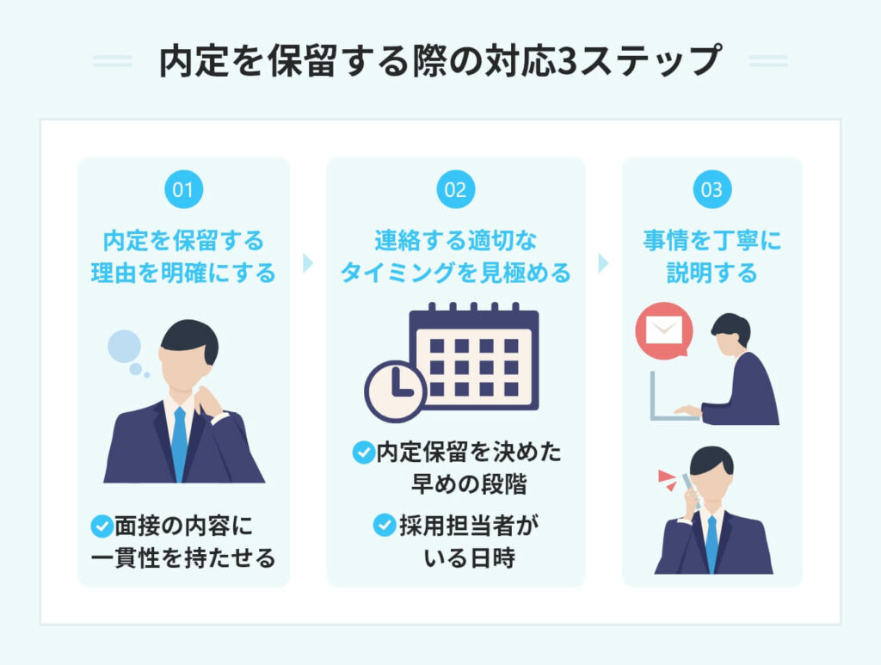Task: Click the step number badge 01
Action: click(183, 190)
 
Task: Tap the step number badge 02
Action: click(455, 190)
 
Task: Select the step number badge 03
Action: click(712, 190)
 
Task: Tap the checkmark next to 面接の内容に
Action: click(102, 524)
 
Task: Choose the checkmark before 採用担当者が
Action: click(384, 524)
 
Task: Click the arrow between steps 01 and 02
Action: click(308, 263)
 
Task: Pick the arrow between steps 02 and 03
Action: click(603, 263)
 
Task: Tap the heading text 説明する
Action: click(712, 273)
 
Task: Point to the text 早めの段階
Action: click(469, 484)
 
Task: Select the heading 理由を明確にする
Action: click(183, 273)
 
